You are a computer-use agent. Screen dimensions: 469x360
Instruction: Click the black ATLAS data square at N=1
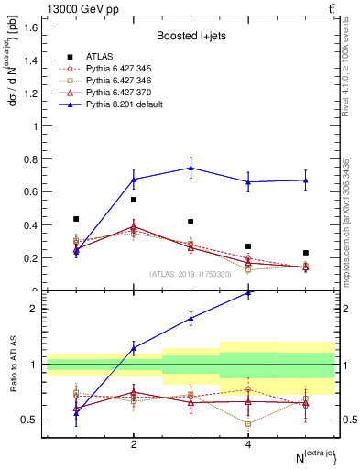coord(76,219)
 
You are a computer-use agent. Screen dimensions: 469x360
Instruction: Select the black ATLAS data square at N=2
coord(134,200)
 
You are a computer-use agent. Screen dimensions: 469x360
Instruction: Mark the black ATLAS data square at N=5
coord(306,253)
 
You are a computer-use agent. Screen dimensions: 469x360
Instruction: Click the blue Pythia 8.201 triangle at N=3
coord(191,168)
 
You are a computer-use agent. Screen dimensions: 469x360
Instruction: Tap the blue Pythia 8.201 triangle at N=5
coord(306,180)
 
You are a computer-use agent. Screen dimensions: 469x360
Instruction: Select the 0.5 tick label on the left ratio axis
coord(30,420)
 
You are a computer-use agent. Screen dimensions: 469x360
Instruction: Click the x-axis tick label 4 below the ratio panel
coord(248,444)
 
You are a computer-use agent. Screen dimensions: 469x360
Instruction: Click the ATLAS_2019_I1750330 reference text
coord(190,274)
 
